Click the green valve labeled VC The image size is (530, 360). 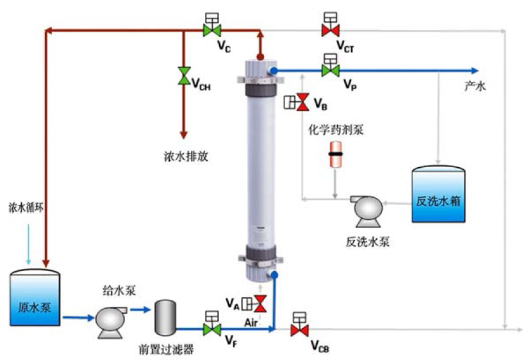[x=210, y=29]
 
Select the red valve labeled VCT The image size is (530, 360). [x=330, y=29]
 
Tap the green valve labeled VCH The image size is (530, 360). [x=184, y=76]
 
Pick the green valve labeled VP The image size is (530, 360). [x=330, y=70]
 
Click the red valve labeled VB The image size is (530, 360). [x=302, y=102]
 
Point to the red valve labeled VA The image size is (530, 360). [x=260, y=302]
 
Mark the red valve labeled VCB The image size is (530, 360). [x=298, y=330]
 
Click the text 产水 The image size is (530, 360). [x=474, y=87]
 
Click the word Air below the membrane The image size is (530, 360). [x=251, y=321]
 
